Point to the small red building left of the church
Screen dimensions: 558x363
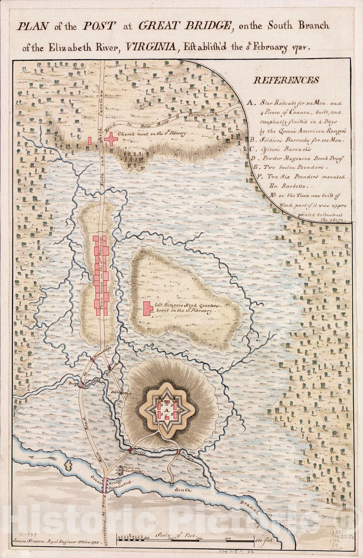(x=90, y=140)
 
